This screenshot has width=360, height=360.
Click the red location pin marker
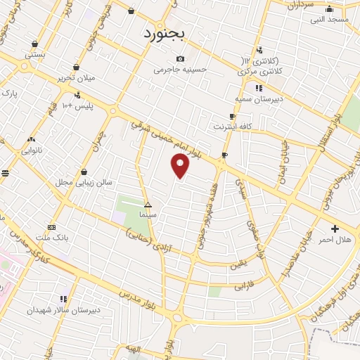[x=181, y=165]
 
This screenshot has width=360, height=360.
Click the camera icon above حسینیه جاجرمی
[x=181, y=58]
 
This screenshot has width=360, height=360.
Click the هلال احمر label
[x=335, y=240]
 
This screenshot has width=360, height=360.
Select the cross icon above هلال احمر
[x=335, y=229]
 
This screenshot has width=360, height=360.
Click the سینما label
[x=147, y=213]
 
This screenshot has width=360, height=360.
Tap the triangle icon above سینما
[x=147, y=203]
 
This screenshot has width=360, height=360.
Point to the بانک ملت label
[x=53, y=238]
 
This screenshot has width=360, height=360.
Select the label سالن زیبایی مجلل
[x=84, y=182]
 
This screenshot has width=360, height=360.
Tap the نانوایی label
[x=32, y=150]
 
